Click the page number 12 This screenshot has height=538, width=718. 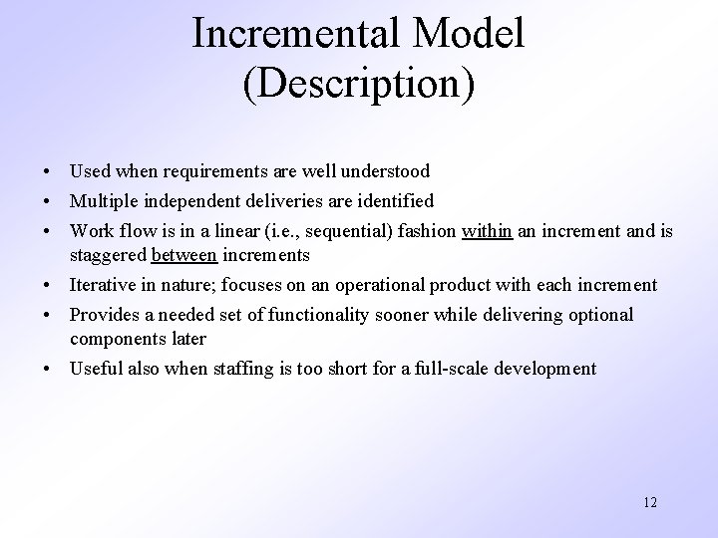(649, 501)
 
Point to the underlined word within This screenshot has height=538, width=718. (487, 231)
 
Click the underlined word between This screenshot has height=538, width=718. (183, 255)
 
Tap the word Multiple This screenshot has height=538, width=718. (103, 201)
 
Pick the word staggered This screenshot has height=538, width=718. (108, 255)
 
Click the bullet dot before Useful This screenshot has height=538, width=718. (48, 370)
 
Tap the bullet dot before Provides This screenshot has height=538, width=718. (48, 316)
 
